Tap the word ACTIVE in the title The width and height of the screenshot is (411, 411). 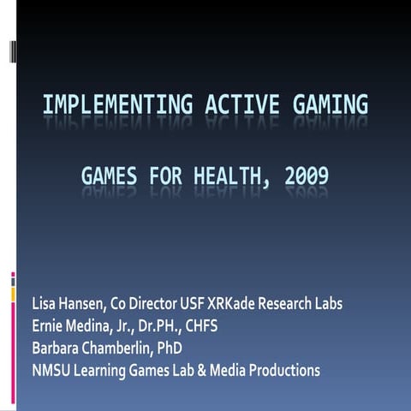[242, 106]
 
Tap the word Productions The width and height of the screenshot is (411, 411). [286, 370]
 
